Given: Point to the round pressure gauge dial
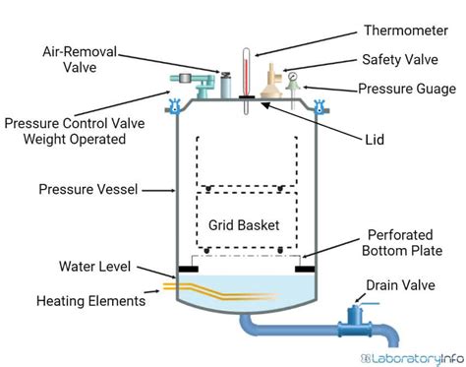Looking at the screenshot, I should pyautogui.click(x=292, y=73).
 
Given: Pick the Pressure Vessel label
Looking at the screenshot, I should pyautogui.click(x=89, y=187).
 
